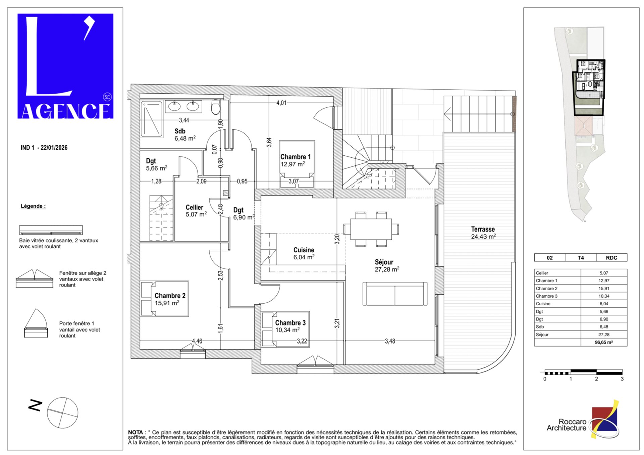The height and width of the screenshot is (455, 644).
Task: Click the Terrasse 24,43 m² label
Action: pyautogui.click(x=483, y=233)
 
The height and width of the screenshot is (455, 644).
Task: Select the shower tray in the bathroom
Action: pyautogui.click(x=151, y=119)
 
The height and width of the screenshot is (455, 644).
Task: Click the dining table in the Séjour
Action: pyautogui.click(x=371, y=229)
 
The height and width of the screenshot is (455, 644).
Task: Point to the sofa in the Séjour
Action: pyautogui.click(x=395, y=294)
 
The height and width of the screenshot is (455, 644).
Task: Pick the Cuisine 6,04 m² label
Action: pyautogui.click(x=304, y=254)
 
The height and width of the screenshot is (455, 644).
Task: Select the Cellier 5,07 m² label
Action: pyautogui.click(x=196, y=211)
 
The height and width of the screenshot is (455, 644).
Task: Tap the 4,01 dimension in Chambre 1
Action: pyautogui.click(x=281, y=103)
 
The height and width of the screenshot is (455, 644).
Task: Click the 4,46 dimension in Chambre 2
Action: pyautogui.click(x=197, y=341)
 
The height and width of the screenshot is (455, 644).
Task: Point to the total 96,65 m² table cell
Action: pyautogui.click(x=603, y=343)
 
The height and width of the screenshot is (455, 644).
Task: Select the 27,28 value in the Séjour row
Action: pyautogui.click(x=603, y=335)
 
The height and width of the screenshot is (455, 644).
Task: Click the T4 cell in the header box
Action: pyautogui.click(x=581, y=258)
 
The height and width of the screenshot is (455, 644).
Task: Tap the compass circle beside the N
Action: pyautogui.click(x=62, y=413)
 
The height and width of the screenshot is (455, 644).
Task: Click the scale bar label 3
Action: pyautogui.click(x=622, y=379)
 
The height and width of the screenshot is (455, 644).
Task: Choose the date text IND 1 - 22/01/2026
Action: pyautogui.click(x=44, y=148)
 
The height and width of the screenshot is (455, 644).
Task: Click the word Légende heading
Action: pyautogui.click(x=33, y=206)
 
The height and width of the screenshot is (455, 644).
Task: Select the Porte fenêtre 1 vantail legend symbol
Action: pyautogui.click(x=36, y=323)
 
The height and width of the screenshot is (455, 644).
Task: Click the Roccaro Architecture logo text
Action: pyautogui.click(x=567, y=425)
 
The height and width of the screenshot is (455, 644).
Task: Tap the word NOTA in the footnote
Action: pyautogui.click(x=136, y=432)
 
